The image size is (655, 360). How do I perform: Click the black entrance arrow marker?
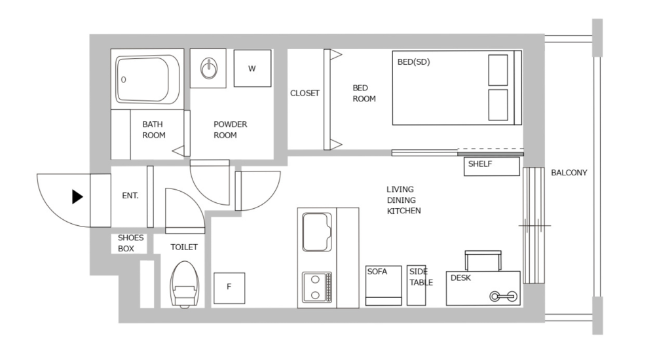(77, 196)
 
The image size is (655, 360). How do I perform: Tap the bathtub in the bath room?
(148, 79)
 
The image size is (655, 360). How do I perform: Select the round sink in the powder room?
(209, 68)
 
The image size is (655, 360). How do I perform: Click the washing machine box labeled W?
(252, 68)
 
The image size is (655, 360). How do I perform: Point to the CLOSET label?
(305, 94)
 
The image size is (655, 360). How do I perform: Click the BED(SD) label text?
(413, 62)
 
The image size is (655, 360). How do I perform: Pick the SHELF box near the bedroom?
(493, 166)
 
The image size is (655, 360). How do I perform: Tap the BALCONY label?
(569, 173)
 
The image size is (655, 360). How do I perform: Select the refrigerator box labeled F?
(229, 287)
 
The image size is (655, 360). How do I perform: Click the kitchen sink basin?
(317, 232)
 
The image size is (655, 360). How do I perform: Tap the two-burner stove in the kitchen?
(317, 287)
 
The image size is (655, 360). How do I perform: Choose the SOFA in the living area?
(383, 285)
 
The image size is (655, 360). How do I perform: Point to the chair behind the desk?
(483, 260)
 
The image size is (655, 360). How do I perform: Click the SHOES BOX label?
(130, 243)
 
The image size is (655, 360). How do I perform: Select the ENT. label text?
(130, 196)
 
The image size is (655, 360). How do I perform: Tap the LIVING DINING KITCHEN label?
(403, 200)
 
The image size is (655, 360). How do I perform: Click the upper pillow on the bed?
(498, 70)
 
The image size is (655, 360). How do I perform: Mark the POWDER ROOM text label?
(231, 130)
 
